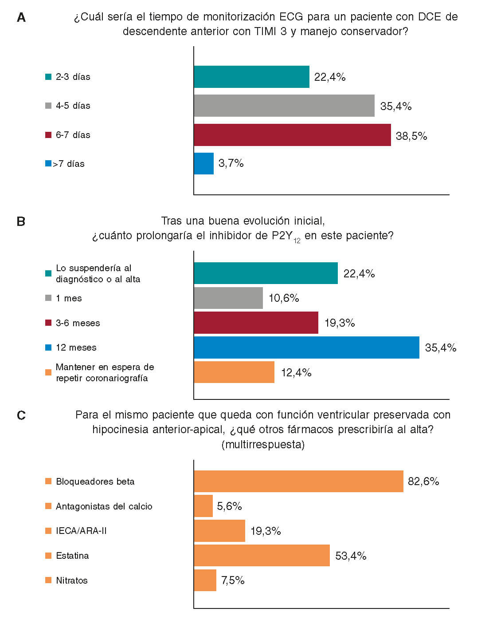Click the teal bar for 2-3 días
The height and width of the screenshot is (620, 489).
(x=251, y=77)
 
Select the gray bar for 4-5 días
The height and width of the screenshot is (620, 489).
(x=284, y=106)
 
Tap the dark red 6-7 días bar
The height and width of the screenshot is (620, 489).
(x=292, y=135)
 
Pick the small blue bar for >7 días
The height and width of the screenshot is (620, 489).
(x=204, y=164)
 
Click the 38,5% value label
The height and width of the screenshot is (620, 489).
(x=411, y=136)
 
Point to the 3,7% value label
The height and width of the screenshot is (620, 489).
(x=231, y=163)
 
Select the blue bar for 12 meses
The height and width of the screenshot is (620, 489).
(x=306, y=348)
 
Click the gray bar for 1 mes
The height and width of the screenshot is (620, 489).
(x=228, y=298)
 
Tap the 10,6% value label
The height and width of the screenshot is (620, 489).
(x=284, y=298)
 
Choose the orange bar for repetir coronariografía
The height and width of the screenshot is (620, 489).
(x=234, y=372)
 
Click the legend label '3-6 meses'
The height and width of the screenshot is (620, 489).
(x=78, y=323)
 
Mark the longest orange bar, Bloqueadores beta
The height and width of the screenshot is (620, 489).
(x=298, y=482)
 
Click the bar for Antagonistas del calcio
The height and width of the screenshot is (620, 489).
(x=203, y=506)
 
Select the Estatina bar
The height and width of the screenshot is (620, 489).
(x=262, y=556)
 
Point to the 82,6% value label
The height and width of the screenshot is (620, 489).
(x=423, y=482)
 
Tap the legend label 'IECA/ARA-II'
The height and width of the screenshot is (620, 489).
(x=81, y=531)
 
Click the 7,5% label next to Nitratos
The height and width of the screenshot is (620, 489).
(x=233, y=581)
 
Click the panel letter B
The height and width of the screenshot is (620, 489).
(x=21, y=221)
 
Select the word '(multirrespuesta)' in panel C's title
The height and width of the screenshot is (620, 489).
(x=263, y=444)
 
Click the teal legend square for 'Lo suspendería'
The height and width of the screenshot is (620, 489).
(x=48, y=273)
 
